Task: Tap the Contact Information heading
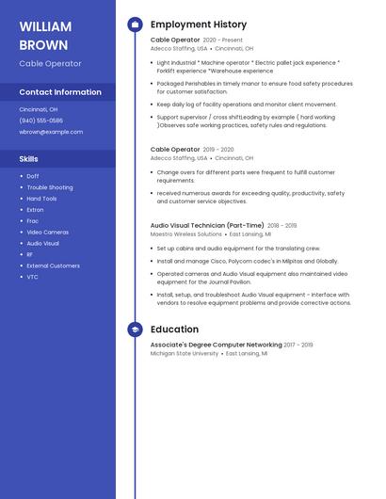tap(60, 92)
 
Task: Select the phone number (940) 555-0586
tap(41, 121)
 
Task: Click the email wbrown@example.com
tap(51, 132)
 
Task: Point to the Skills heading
tap(29, 159)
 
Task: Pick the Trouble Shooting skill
tap(50, 187)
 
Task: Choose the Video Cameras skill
tap(47, 232)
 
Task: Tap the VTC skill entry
tap(33, 277)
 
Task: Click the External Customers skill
tap(53, 266)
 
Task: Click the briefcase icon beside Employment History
tap(135, 24)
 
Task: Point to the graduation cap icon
tap(135, 330)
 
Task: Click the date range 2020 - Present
tap(223, 40)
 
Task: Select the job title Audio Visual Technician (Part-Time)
tap(207, 226)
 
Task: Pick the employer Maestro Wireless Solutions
tap(186, 234)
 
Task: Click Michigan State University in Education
tap(185, 354)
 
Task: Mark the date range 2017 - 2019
tap(298, 346)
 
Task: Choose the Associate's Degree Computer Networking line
tap(216, 346)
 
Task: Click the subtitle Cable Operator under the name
tap(50, 64)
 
